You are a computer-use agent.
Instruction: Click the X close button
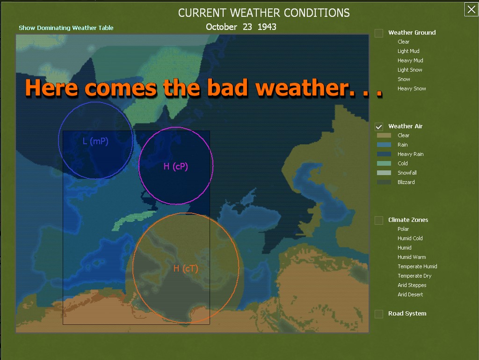pyautogui.click(x=471, y=9)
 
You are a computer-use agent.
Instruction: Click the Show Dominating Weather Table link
pyautogui.click(x=66, y=28)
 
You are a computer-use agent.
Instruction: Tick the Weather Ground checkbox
pyautogui.click(x=379, y=33)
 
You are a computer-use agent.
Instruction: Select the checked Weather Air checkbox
pyautogui.click(x=379, y=126)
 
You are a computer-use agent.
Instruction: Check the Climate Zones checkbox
pyautogui.click(x=379, y=220)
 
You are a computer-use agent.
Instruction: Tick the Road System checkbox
pyautogui.click(x=379, y=314)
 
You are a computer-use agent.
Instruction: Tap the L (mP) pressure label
pyautogui.click(x=95, y=141)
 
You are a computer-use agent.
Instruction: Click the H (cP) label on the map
pyautogui.click(x=176, y=167)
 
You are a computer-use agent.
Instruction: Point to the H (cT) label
pyautogui.click(x=186, y=269)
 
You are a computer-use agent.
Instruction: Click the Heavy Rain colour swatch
pyautogui.click(x=384, y=154)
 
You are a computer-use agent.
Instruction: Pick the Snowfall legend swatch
pyautogui.click(x=384, y=173)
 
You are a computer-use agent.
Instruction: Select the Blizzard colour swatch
pyautogui.click(x=384, y=182)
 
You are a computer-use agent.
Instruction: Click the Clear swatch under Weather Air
pyautogui.click(x=384, y=135)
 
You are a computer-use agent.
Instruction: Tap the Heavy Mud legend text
pyautogui.click(x=410, y=60)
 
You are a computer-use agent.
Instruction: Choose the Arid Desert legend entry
pyautogui.click(x=410, y=294)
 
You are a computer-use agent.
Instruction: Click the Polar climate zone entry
pyautogui.click(x=403, y=229)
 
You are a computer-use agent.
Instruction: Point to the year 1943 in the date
pyautogui.click(x=267, y=27)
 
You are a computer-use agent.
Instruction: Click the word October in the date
pyautogui.click(x=221, y=27)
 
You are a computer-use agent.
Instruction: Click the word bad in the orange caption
pyautogui.click(x=227, y=88)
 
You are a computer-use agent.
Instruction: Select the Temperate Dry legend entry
pyautogui.click(x=414, y=276)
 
